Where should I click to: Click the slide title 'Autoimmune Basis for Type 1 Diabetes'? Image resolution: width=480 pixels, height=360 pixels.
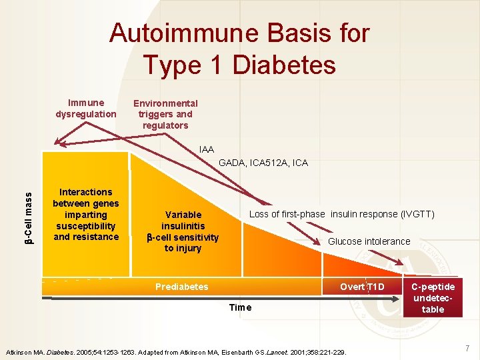pyautogui.click(x=239, y=48)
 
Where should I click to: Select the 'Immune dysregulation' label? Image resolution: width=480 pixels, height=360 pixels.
pyautogui.click(x=85, y=108)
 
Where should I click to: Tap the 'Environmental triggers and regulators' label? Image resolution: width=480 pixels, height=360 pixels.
pyautogui.click(x=165, y=114)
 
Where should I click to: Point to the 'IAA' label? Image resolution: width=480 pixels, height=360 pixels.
pyautogui.click(x=207, y=149)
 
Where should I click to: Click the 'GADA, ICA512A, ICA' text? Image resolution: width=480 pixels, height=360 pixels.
pyautogui.click(x=263, y=163)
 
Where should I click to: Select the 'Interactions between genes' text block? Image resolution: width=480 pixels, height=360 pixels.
pyautogui.click(x=86, y=214)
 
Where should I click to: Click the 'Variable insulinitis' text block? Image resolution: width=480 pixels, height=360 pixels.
pyautogui.click(x=183, y=231)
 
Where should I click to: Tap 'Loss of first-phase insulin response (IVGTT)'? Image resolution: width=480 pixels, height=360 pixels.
pyautogui.click(x=341, y=214)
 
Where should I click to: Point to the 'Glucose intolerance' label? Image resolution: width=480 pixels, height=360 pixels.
pyautogui.click(x=369, y=241)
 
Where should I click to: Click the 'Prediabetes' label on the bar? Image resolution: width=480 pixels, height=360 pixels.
pyautogui.click(x=181, y=287)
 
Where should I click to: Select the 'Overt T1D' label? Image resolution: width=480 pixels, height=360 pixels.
pyautogui.click(x=362, y=287)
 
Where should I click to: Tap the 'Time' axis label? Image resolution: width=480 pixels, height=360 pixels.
pyautogui.click(x=240, y=307)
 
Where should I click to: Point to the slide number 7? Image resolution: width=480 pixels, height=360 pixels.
pyautogui.click(x=467, y=347)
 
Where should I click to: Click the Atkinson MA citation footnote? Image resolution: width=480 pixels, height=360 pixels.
pyautogui.click(x=176, y=351)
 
